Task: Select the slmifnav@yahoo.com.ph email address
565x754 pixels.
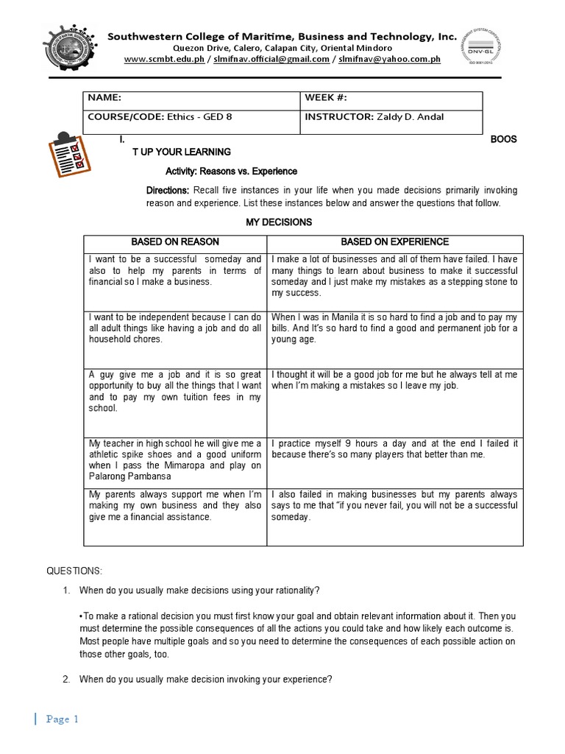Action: [389, 59]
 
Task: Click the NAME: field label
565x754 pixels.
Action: [104, 98]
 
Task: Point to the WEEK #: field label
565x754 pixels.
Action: [325, 98]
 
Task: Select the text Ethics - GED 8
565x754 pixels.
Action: [200, 116]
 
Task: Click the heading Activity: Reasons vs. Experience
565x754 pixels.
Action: [231, 171]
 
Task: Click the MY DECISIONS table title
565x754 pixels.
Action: [278, 222]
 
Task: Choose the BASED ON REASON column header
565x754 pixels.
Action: [175, 242]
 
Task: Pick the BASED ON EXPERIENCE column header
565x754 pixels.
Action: [394, 242]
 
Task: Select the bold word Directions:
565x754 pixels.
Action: [168, 191]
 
